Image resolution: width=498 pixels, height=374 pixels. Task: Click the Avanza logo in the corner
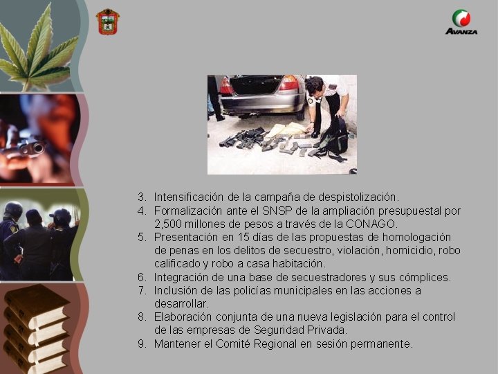click(x=461, y=22)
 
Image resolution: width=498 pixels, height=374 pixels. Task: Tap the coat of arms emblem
click(x=107, y=21)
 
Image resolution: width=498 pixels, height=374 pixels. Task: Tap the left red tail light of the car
click(x=225, y=87)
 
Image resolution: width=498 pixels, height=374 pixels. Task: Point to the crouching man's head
click(x=315, y=86)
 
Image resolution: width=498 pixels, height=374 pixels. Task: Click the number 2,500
click(x=169, y=224)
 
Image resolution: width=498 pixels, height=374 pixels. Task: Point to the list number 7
click(x=141, y=290)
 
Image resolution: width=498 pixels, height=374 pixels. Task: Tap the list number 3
click(x=141, y=197)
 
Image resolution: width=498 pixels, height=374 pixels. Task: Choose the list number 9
click(x=141, y=344)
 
